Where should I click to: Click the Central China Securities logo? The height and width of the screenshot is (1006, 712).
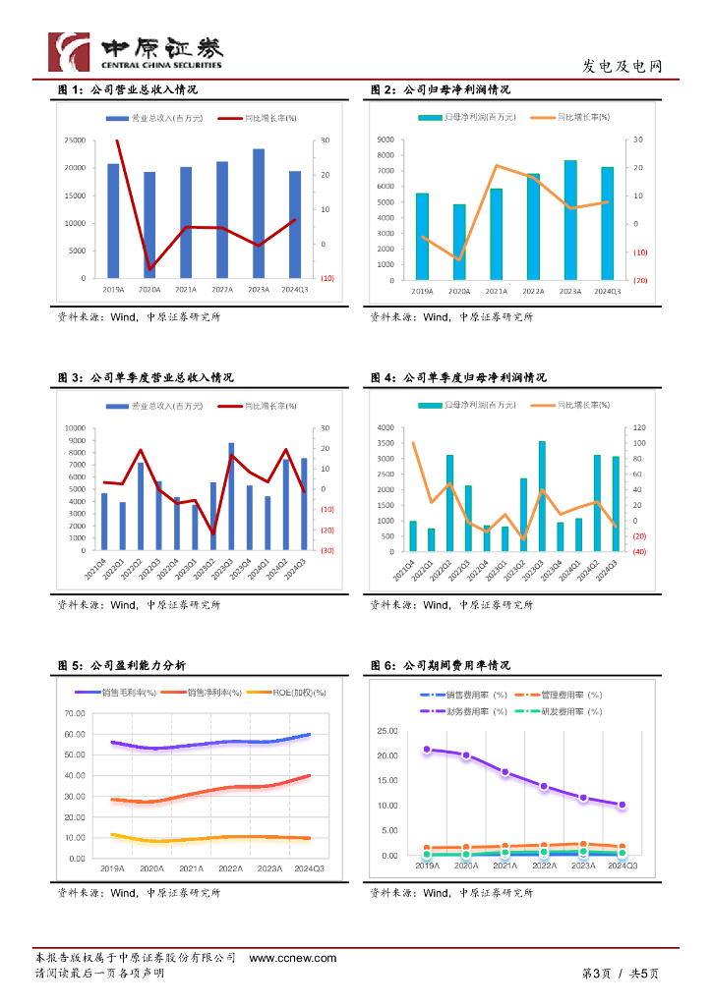tap(137, 51)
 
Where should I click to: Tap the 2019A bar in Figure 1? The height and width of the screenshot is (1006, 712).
tap(113, 221)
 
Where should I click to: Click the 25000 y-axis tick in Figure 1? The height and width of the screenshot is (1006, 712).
tap(75, 140)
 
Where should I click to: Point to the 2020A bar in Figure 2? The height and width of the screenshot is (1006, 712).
tap(459, 242)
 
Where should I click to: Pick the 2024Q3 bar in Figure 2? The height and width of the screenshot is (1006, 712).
tap(607, 223)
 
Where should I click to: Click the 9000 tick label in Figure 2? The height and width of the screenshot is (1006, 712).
tap(386, 140)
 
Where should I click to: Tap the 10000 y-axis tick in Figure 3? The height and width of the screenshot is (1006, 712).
tap(76, 428)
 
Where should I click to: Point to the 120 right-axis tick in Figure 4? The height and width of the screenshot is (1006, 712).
tap(638, 428)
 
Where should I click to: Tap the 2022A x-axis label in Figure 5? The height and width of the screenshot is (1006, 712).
tap(230, 869)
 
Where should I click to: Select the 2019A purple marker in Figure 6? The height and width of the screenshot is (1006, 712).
tap(427, 750)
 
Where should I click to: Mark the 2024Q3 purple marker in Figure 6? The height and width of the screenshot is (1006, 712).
tap(622, 805)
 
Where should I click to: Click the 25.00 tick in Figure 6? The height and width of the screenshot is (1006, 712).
tap(386, 732)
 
